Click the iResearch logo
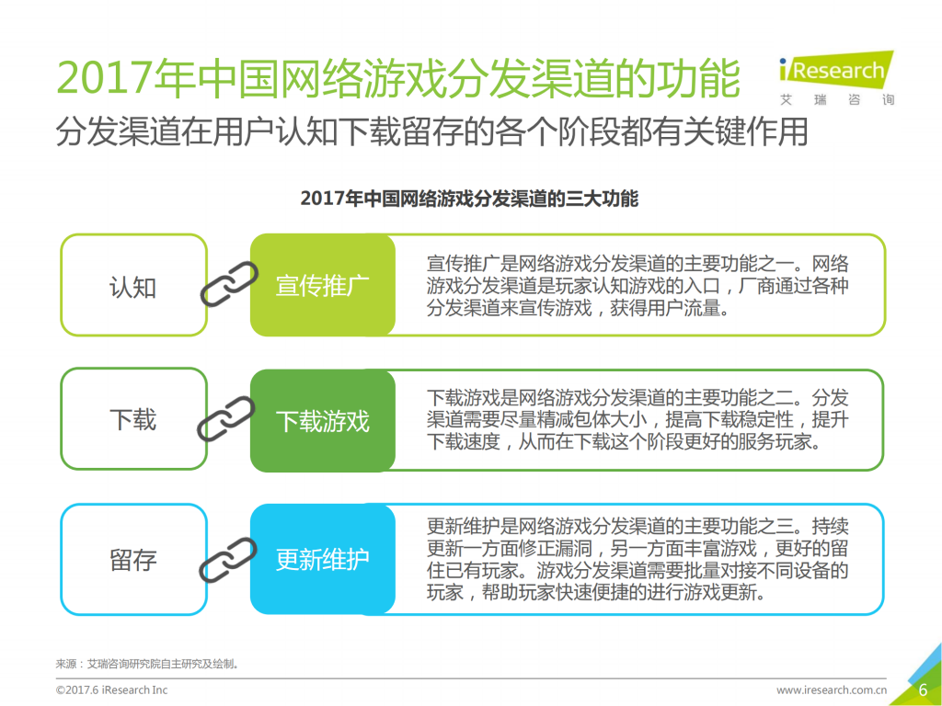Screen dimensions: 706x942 point(835,77)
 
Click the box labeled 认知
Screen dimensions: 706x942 point(133,286)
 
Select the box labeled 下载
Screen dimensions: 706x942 point(133,420)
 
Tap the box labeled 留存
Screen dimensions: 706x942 point(133,560)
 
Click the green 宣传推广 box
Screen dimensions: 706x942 point(322,286)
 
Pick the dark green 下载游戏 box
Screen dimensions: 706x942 point(322,421)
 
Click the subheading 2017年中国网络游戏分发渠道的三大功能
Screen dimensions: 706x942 point(469,199)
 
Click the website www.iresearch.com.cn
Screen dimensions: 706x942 point(832,690)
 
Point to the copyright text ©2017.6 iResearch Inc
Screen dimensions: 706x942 point(111,690)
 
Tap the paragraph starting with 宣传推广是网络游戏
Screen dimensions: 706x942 point(637,285)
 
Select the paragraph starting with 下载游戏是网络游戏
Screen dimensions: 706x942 point(637,420)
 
